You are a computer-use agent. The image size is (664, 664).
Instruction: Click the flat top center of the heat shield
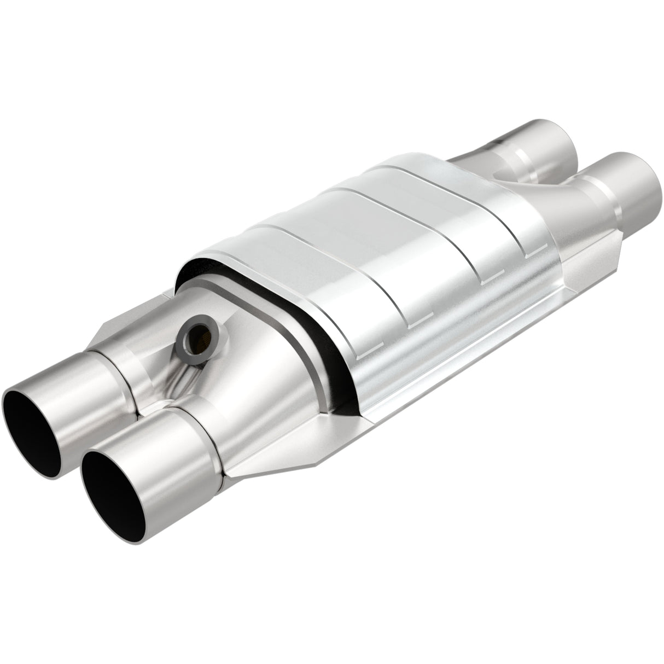point(383,219)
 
